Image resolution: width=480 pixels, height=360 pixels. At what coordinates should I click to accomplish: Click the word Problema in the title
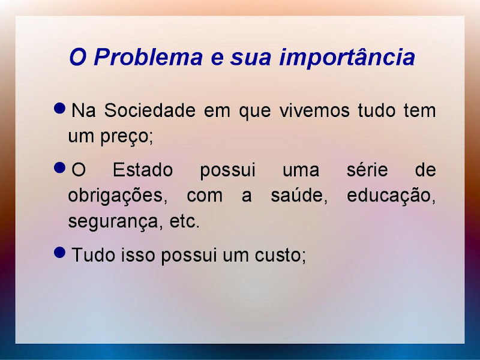pyautogui.click(x=148, y=58)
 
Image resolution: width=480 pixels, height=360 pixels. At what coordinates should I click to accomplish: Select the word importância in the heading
pyautogui.click(x=347, y=58)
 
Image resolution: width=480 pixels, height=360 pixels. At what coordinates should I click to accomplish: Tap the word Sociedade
pyautogui.click(x=149, y=110)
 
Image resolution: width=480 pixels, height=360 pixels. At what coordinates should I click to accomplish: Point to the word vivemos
pyautogui.click(x=314, y=110)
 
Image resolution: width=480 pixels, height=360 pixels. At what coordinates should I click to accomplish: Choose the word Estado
pyautogui.click(x=143, y=170)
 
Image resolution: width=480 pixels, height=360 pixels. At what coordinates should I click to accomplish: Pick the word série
pyautogui.click(x=367, y=170)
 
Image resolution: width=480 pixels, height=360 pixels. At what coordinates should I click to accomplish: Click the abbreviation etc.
pyautogui.click(x=184, y=221)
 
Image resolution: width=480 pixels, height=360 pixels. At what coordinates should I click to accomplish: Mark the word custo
pyautogui.click(x=278, y=255)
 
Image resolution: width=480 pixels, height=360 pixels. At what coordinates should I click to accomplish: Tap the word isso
pyautogui.click(x=138, y=254)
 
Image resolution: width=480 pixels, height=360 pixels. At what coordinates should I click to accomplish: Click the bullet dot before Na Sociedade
pyautogui.click(x=59, y=108)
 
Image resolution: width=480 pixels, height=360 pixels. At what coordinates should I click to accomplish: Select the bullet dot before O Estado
pyautogui.click(x=59, y=168)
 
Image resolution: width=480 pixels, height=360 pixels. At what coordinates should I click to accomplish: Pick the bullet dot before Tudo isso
pyautogui.click(x=59, y=253)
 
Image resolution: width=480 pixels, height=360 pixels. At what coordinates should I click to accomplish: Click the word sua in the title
pyautogui.click(x=251, y=58)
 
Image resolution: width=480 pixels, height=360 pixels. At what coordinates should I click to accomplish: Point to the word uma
pyautogui.click(x=301, y=170)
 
